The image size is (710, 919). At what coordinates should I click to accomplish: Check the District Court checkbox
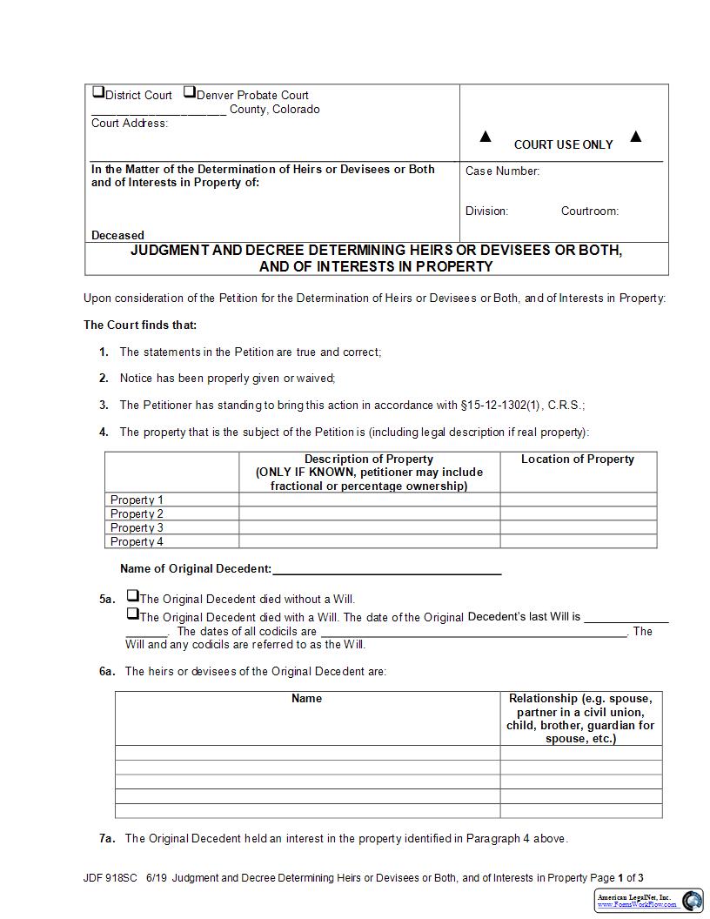[98, 92]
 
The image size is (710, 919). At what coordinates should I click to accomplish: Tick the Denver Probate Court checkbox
[189, 92]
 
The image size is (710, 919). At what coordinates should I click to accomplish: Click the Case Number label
[502, 171]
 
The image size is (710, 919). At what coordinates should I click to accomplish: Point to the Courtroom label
[589, 211]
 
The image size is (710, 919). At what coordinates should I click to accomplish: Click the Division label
[486, 211]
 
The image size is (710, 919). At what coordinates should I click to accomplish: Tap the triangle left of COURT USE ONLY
[486, 137]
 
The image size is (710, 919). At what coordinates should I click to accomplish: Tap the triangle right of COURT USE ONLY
[635, 136]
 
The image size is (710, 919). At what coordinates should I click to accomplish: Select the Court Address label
[130, 124]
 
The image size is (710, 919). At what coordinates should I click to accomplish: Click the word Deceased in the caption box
[117, 235]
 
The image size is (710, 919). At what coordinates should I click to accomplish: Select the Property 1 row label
[137, 500]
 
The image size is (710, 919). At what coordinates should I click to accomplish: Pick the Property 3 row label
[137, 527]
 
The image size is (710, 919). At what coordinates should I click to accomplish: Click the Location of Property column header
[578, 459]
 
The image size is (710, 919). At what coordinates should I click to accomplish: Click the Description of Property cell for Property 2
[369, 513]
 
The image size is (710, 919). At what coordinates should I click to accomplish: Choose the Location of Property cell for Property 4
[578, 541]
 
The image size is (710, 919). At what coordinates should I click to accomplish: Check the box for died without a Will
[132, 596]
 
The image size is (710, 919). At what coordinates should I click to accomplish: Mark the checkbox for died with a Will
[132, 614]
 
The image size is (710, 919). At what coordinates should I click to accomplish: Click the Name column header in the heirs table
[306, 699]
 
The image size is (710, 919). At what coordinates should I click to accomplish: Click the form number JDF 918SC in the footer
[111, 878]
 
